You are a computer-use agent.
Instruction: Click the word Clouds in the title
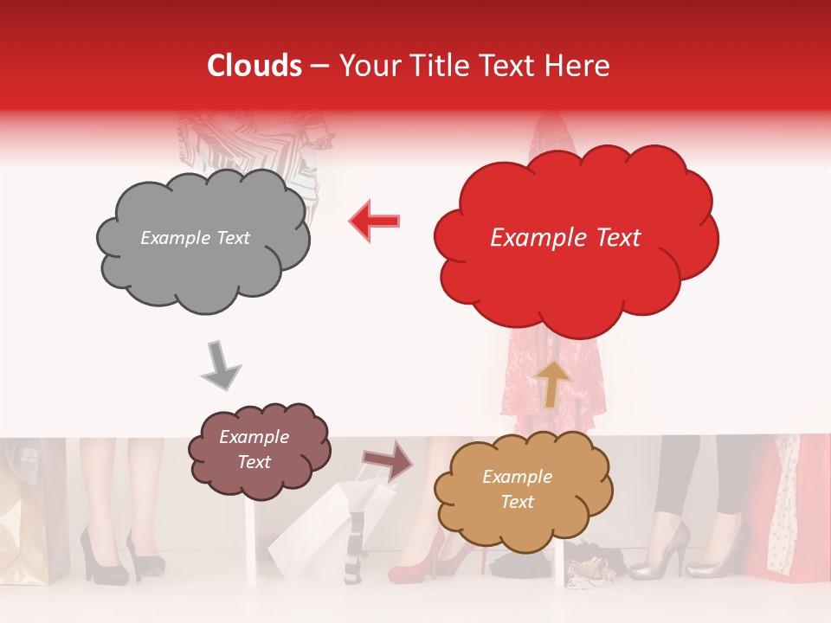coord(254,66)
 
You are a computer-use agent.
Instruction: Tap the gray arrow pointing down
coord(221,364)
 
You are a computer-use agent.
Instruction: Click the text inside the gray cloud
coord(195,238)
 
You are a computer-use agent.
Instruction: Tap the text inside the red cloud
coord(565,238)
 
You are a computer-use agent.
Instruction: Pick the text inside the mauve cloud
coord(254,450)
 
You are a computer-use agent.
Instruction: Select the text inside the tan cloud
coord(517,489)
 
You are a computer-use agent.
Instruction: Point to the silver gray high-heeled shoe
coord(662,554)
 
